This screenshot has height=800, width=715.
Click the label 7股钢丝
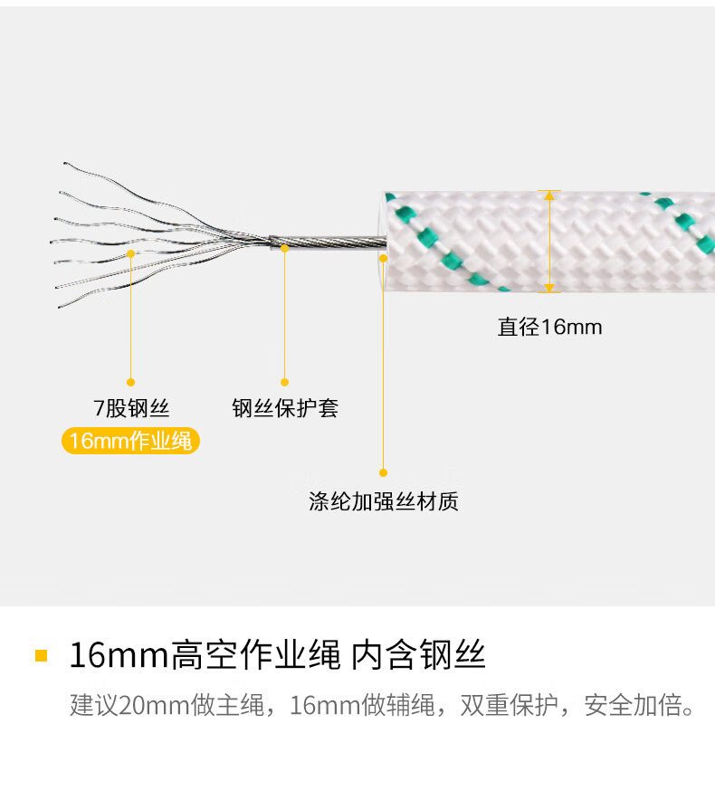(x=131, y=408)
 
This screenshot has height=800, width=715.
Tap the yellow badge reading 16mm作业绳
(x=130, y=441)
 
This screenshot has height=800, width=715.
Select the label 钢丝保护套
(x=285, y=408)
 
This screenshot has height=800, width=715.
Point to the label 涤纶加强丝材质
(x=383, y=501)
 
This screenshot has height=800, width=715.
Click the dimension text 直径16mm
(x=549, y=327)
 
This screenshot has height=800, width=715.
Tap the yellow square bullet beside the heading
(x=42, y=655)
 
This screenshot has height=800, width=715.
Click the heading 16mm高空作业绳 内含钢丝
(x=277, y=655)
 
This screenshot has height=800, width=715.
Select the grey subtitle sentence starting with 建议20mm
(x=382, y=705)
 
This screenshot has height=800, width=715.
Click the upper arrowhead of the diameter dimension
(x=549, y=195)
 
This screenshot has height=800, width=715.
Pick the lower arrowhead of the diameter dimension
(x=549, y=288)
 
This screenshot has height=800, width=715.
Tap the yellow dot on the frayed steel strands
(x=130, y=253)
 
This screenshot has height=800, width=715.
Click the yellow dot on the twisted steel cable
(x=285, y=249)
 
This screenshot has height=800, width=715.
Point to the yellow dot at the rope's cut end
(x=383, y=259)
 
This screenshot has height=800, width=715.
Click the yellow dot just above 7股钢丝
(x=130, y=382)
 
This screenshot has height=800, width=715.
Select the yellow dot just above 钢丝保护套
(x=285, y=382)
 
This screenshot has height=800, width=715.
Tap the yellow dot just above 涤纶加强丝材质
(x=383, y=473)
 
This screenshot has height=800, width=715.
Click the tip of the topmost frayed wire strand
(x=65, y=163)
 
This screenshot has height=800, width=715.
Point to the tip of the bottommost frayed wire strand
(x=59, y=307)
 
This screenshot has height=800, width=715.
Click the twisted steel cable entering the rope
(x=328, y=242)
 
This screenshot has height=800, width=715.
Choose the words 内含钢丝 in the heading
(x=418, y=655)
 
